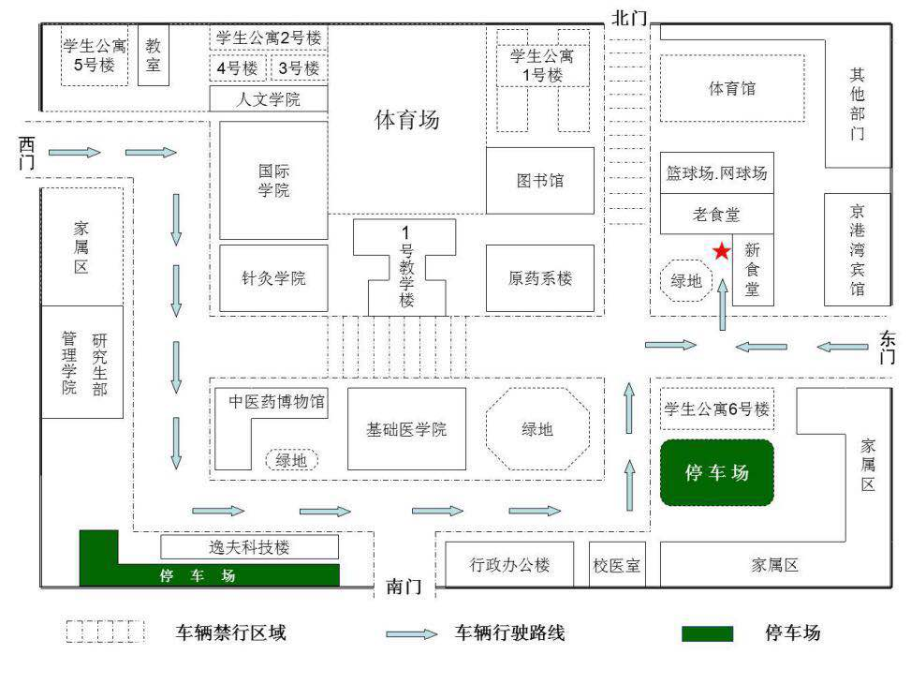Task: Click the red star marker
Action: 722,251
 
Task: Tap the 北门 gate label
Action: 628,18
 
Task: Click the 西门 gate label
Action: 27,153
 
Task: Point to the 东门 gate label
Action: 888,348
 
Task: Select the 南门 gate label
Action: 404,586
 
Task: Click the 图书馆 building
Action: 539,180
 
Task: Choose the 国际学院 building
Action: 273,180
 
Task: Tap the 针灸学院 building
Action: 273,278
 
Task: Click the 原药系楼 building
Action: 539,278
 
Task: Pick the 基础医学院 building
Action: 406,429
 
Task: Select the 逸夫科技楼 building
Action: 249,547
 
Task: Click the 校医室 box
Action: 616,564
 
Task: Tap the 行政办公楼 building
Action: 509,564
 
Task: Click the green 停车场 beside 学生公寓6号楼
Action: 717,472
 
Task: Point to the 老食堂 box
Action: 717,214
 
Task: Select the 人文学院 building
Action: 269,99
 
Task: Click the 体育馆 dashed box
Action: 732,88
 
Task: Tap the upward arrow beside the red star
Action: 722,305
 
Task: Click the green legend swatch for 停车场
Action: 707,633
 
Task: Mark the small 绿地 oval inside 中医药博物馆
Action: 292,460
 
